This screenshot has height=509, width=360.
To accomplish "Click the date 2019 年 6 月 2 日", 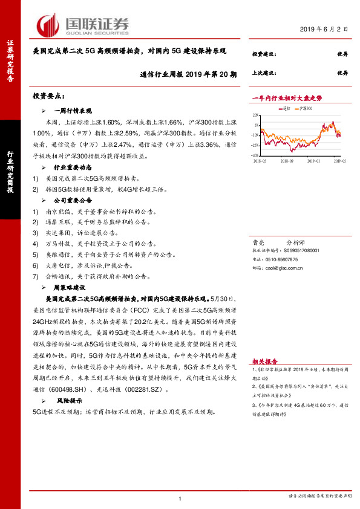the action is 325,28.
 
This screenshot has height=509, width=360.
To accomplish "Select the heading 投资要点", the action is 48,96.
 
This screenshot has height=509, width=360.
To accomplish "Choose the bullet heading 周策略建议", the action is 70,288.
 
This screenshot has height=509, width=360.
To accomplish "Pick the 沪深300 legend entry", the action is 304,109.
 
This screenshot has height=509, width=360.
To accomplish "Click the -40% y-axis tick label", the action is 257,155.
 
